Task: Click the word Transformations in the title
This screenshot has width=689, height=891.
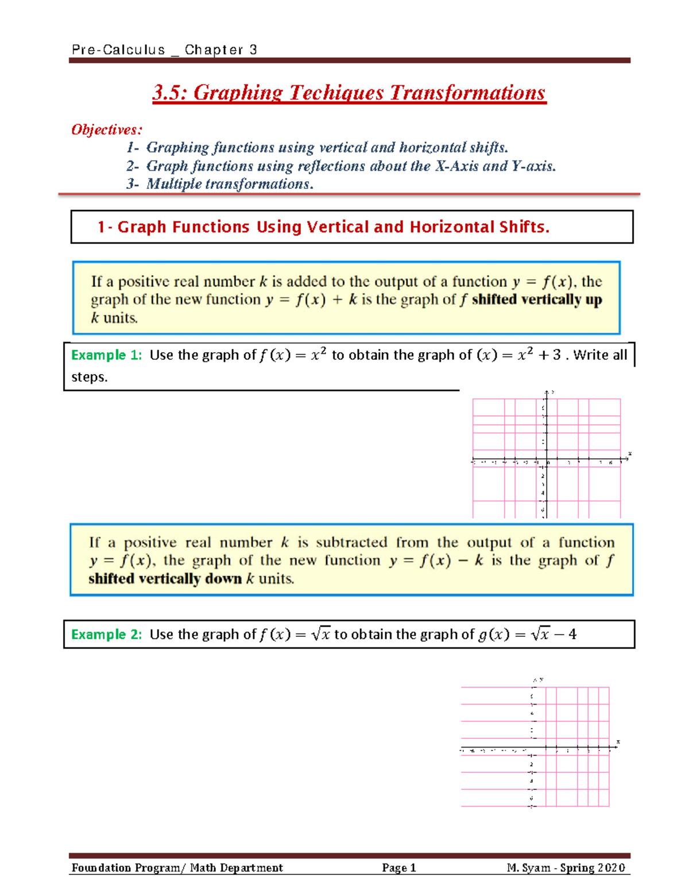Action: pyautogui.click(x=467, y=93)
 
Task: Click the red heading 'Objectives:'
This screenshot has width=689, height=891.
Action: pyautogui.click(x=106, y=130)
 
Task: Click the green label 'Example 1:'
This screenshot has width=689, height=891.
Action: pyautogui.click(x=106, y=355)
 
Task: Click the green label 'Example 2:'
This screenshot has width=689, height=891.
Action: pyautogui.click(x=106, y=635)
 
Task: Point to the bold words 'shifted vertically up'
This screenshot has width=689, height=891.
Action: pyautogui.click(x=536, y=299)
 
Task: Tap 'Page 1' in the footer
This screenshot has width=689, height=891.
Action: pyautogui.click(x=398, y=868)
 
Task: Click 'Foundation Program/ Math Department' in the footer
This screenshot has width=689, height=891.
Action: pyautogui.click(x=177, y=868)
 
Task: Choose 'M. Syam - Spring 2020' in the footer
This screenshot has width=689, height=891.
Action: pyautogui.click(x=566, y=868)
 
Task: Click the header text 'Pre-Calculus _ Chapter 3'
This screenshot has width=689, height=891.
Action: pyautogui.click(x=164, y=50)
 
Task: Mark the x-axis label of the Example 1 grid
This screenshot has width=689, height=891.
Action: pyautogui.click(x=630, y=454)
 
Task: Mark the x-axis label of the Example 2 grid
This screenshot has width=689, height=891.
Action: pyautogui.click(x=618, y=742)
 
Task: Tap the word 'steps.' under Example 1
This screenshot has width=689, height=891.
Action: pyautogui.click(x=90, y=377)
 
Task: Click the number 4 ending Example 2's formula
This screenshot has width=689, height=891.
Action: pyautogui.click(x=572, y=635)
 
